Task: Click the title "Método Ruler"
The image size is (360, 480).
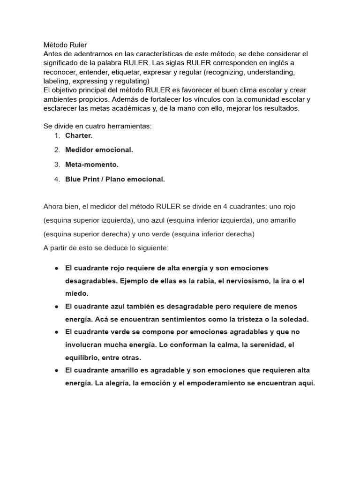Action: [65, 45]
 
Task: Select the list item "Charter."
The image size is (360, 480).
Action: [79, 135]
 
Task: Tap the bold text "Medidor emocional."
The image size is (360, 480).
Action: [99, 150]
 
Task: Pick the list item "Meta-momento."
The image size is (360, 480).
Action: [92, 165]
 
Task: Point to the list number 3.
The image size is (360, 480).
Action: [57, 165]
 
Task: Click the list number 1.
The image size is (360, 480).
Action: [57, 135]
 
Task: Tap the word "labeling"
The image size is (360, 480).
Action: [56, 81]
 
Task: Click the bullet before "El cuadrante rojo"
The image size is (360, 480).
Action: [56, 268]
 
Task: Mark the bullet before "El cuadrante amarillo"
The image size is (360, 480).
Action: [56, 370]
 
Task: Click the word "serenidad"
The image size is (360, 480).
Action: [262, 345]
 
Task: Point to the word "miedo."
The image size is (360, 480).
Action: [77, 293]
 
